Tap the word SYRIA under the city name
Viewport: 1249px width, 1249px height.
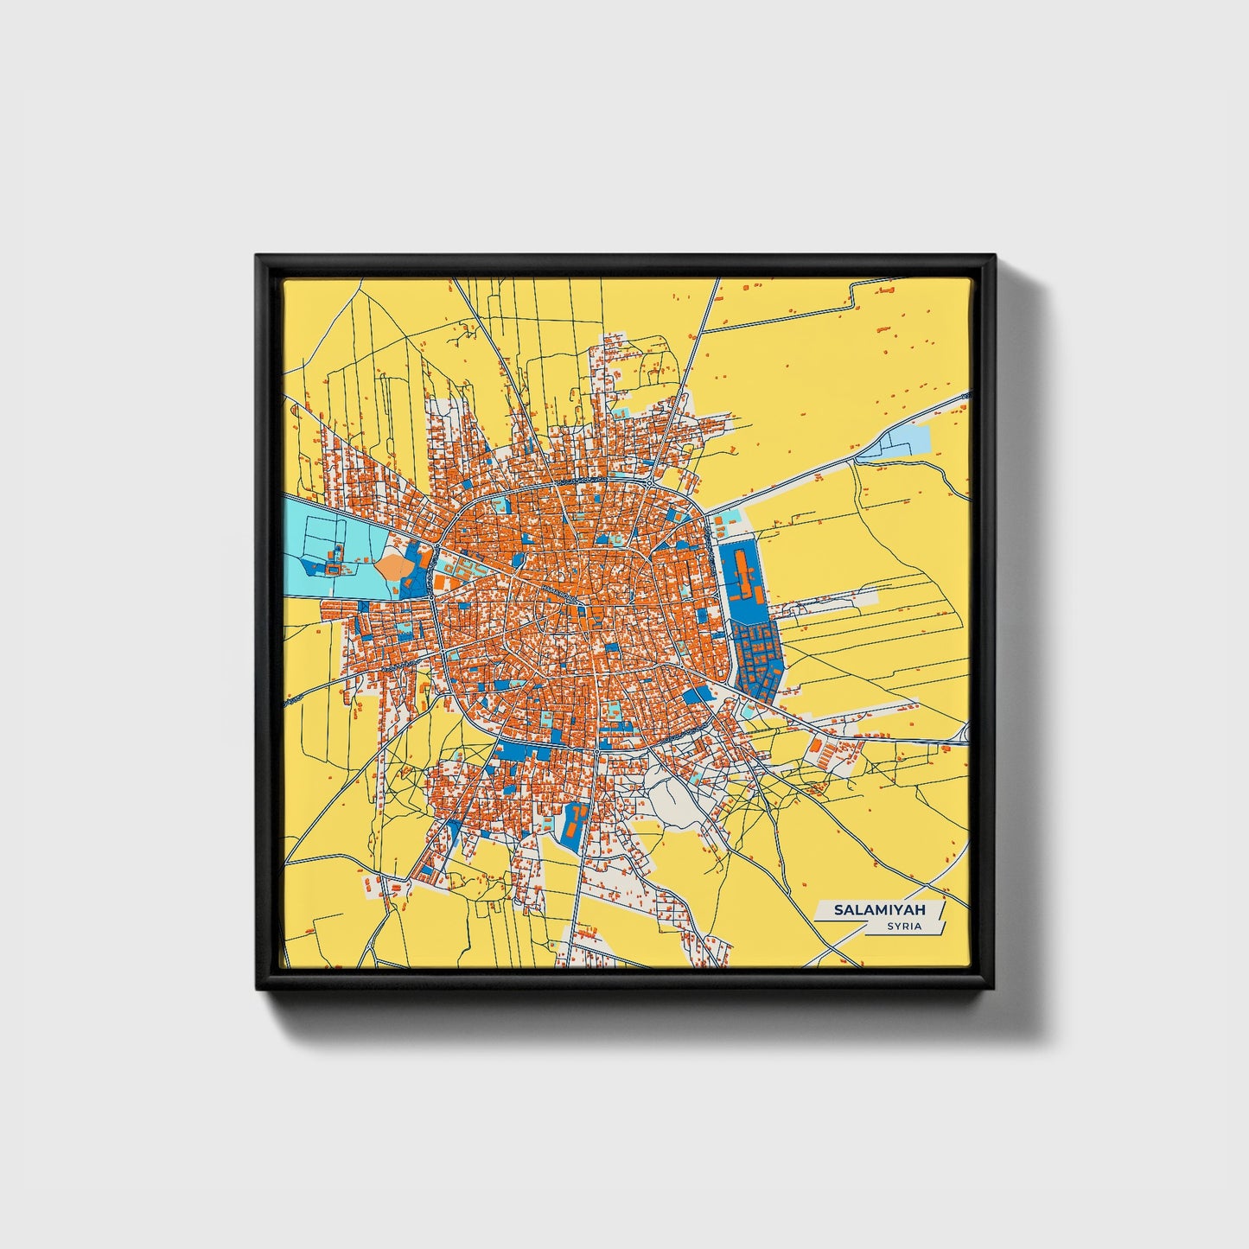(904, 927)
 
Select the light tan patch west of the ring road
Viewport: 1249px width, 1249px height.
(392, 567)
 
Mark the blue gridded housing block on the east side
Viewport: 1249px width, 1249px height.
(757, 657)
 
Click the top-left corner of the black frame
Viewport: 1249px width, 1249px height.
(258, 257)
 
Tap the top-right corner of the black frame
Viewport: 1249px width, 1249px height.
(994, 257)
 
